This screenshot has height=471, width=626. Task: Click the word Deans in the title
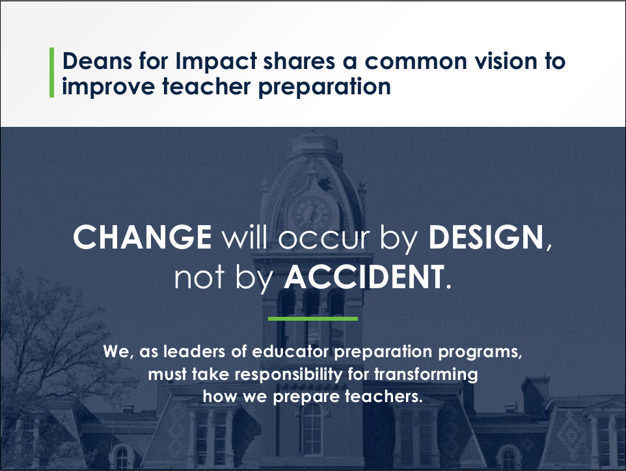tap(97, 61)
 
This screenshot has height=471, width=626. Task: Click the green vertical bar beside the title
tap(51, 72)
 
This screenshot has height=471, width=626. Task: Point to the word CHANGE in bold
tap(142, 237)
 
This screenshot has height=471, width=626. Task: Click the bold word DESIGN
tap(486, 237)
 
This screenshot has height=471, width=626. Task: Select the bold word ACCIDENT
tap(364, 276)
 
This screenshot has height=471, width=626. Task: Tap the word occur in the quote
tap(323, 239)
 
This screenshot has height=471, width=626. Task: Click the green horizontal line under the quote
tap(313, 319)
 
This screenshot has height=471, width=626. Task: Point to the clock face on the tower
tap(312, 213)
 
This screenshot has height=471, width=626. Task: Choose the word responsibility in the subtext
tap(288, 375)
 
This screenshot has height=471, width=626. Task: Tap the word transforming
tap(426, 375)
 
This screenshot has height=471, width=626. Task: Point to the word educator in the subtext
tap(291, 351)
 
